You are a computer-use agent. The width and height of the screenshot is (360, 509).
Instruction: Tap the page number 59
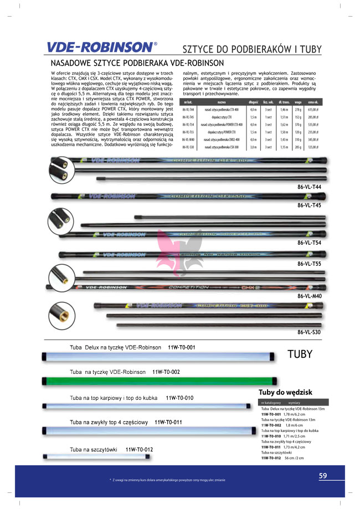coord(323,475)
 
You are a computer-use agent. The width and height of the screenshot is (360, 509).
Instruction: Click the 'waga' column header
coord(298,102)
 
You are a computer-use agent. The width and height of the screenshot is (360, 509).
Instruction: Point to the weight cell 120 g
coord(298,132)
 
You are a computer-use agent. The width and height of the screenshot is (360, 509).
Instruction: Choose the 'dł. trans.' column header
coord(284,102)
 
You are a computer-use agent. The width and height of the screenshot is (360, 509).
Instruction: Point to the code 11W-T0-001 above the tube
coord(182,347)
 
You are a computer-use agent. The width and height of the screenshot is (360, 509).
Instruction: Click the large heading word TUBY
coord(300,354)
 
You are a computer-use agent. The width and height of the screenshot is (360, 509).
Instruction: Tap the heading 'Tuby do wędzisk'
coord(286,392)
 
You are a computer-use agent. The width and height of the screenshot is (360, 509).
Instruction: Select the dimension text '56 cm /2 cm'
coord(294,459)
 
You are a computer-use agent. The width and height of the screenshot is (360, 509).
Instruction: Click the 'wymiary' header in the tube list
coord(294,403)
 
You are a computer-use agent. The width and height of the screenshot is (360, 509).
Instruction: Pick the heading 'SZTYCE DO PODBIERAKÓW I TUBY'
coord(251,49)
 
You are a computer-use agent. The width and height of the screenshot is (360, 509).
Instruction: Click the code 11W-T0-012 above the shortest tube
coord(139,449)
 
